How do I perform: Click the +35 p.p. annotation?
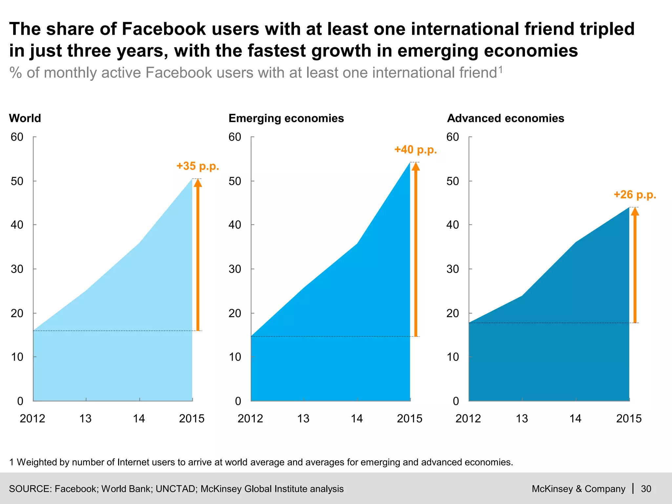(x=198, y=166)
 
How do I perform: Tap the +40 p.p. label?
(x=415, y=150)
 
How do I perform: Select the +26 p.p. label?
(x=635, y=195)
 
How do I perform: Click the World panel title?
(x=25, y=118)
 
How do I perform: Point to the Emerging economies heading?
(x=286, y=118)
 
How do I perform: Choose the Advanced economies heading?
(x=505, y=118)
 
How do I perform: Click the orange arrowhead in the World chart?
(x=198, y=182)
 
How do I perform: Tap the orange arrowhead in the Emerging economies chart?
(x=416, y=166)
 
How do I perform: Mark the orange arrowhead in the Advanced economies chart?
(x=635, y=211)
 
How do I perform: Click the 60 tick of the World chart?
(x=17, y=137)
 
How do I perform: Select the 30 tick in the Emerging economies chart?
(x=235, y=269)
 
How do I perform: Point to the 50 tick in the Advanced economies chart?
(x=453, y=181)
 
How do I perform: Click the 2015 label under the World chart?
(x=192, y=419)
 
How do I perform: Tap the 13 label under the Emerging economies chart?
(x=304, y=419)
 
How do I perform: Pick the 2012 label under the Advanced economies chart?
(x=468, y=419)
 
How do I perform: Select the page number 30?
(x=646, y=489)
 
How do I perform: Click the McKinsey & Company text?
(x=578, y=489)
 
